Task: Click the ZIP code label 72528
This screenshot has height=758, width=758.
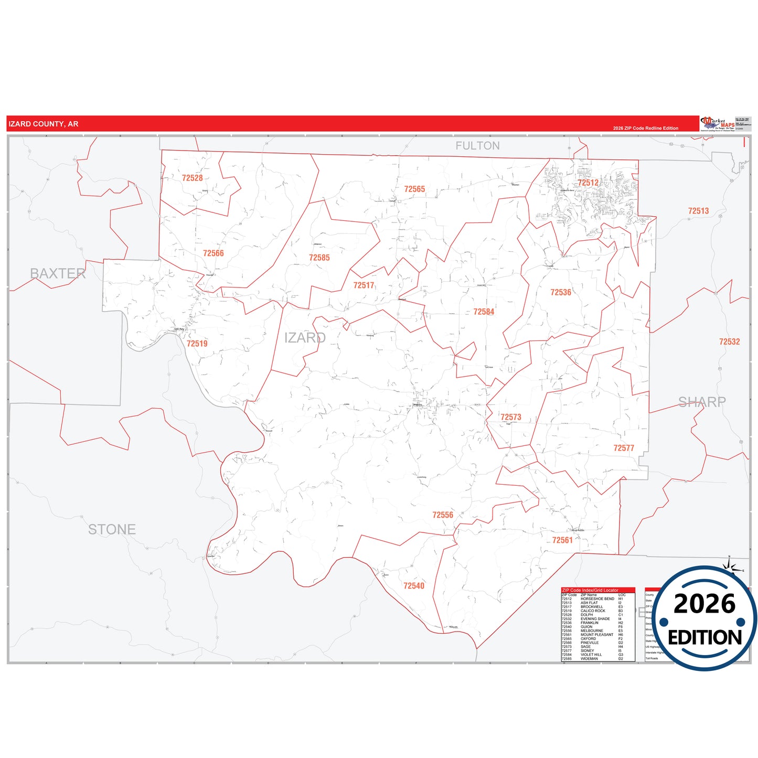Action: click(192, 178)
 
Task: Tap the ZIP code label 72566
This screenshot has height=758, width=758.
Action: click(213, 253)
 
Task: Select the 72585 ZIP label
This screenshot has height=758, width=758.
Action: click(319, 258)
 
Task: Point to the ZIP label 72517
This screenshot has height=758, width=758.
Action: click(364, 285)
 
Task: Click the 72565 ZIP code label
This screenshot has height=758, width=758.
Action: click(414, 189)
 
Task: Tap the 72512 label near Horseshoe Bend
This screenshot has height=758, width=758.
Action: click(588, 183)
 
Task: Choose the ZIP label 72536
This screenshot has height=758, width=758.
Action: click(560, 293)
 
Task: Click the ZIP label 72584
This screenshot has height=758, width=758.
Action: click(484, 312)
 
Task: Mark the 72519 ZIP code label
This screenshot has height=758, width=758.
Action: click(197, 344)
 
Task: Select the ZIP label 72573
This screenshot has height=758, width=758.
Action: click(510, 418)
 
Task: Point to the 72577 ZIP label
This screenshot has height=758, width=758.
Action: click(624, 448)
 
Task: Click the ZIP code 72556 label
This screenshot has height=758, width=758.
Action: click(442, 515)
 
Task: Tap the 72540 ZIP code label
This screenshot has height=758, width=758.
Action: click(413, 586)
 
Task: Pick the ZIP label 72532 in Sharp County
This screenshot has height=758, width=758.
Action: click(729, 341)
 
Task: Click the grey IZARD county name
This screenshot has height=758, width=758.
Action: click(305, 338)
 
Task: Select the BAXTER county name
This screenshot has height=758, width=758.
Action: click(58, 273)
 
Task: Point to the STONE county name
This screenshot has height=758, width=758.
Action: click(112, 530)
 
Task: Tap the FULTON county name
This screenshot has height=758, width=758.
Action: click(477, 146)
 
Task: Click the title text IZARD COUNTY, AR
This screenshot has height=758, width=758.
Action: click(44, 124)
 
